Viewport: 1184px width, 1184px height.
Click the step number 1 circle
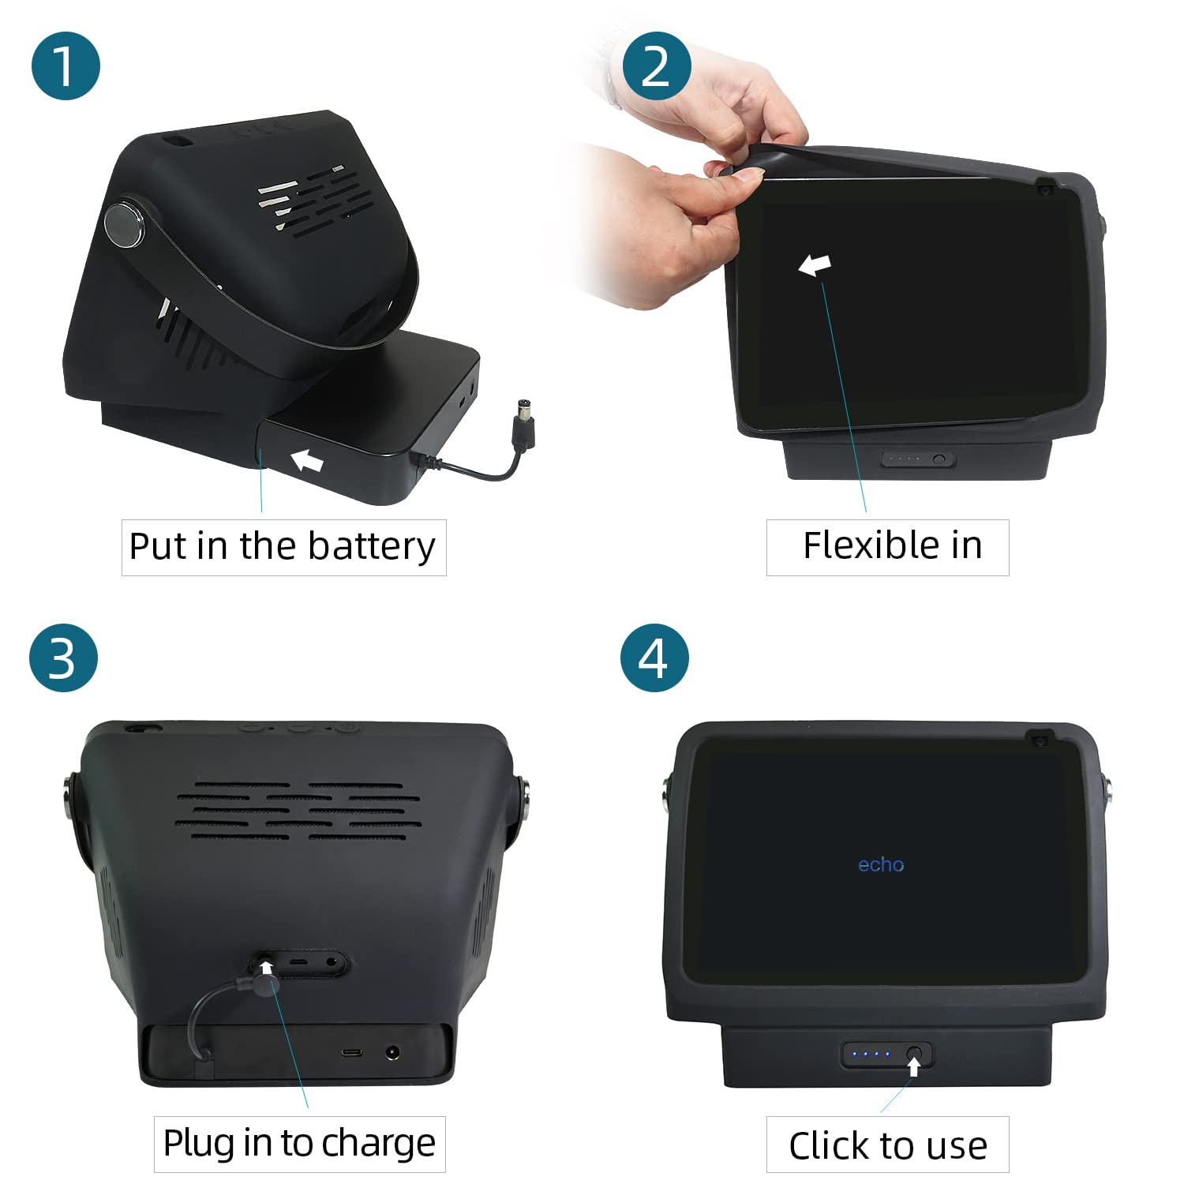(66, 66)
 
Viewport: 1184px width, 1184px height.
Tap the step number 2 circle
(657, 66)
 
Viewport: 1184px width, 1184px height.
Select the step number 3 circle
(63, 658)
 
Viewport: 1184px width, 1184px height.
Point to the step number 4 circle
(654, 658)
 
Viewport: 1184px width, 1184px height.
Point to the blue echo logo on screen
(881, 865)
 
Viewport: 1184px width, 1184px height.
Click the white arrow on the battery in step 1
(307, 460)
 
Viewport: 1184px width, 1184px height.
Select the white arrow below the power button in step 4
(914, 1066)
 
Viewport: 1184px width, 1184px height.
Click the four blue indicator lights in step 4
(876, 1054)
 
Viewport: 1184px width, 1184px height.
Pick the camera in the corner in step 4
(1040, 740)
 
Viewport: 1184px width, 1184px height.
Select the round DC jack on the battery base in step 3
(392, 1052)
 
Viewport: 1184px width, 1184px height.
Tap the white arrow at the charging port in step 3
(267, 968)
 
